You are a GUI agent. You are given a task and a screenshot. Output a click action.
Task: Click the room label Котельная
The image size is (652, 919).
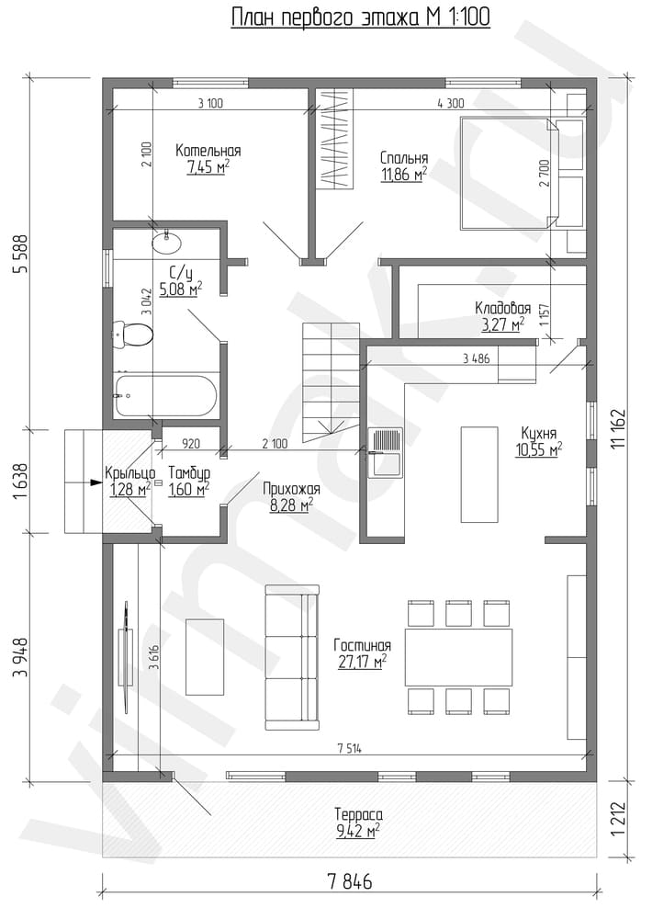click(x=208, y=151)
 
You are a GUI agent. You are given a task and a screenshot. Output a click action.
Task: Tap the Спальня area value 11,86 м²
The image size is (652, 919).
click(x=404, y=174)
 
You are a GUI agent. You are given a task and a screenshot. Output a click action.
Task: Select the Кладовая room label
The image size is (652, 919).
click(x=502, y=308)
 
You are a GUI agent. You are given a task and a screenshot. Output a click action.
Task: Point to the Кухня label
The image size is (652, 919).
click(x=538, y=434)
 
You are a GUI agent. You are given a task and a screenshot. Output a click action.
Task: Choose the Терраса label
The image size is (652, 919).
click(x=358, y=814)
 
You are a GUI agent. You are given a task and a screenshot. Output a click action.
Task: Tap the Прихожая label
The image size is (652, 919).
click(x=291, y=490)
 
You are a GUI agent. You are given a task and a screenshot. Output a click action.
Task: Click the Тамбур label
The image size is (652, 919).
click(x=188, y=472)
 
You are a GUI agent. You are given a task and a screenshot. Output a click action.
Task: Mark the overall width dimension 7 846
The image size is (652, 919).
click(x=350, y=881)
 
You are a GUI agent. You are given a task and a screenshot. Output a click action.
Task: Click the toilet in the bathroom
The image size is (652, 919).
click(x=132, y=335)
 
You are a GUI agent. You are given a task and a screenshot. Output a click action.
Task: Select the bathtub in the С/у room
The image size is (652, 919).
click(x=165, y=397)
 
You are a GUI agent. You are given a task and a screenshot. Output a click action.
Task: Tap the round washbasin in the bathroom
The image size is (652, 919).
click(x=167, y=242)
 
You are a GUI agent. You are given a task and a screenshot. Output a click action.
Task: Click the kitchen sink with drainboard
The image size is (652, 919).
click(x=386, y=454)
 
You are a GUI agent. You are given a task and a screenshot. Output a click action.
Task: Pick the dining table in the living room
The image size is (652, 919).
click(x=458, y=657)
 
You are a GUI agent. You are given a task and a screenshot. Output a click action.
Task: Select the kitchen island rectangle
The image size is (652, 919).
click(x=479, y=474)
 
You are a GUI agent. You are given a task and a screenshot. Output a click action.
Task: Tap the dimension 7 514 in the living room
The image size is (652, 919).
click(x=350, y=748)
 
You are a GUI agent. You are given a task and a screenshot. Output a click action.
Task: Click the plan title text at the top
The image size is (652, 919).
click(x=360, y=17)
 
